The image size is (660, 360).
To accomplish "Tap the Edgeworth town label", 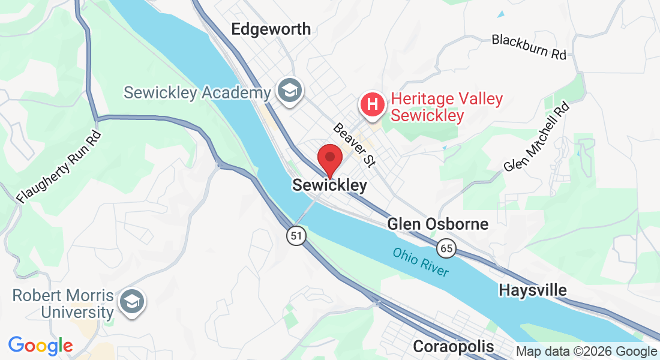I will coord(271,29).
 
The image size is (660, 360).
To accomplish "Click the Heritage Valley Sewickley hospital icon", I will coord(373,104).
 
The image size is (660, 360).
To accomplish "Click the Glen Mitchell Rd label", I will coord(537,137).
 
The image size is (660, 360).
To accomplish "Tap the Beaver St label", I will coord(354,145).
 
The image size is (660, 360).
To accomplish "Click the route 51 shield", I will coord(295,236).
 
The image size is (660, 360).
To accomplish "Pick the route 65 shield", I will coord(446,247).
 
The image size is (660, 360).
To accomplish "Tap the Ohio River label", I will coord(421,262).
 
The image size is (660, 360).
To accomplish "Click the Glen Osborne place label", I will coord(438,224).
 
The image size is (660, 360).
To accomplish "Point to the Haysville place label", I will coord(533,290).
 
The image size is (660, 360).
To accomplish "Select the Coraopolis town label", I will coord(454,346).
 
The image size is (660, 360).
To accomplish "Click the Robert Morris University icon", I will coord(131,301).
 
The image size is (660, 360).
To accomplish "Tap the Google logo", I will coord(40,346).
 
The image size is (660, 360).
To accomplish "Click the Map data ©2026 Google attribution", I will coord(587,352).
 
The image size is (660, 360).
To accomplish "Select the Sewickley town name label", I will coord(329,185).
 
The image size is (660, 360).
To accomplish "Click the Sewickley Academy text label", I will coord(197,93).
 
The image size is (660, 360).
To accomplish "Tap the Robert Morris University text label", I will coord(63,304).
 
